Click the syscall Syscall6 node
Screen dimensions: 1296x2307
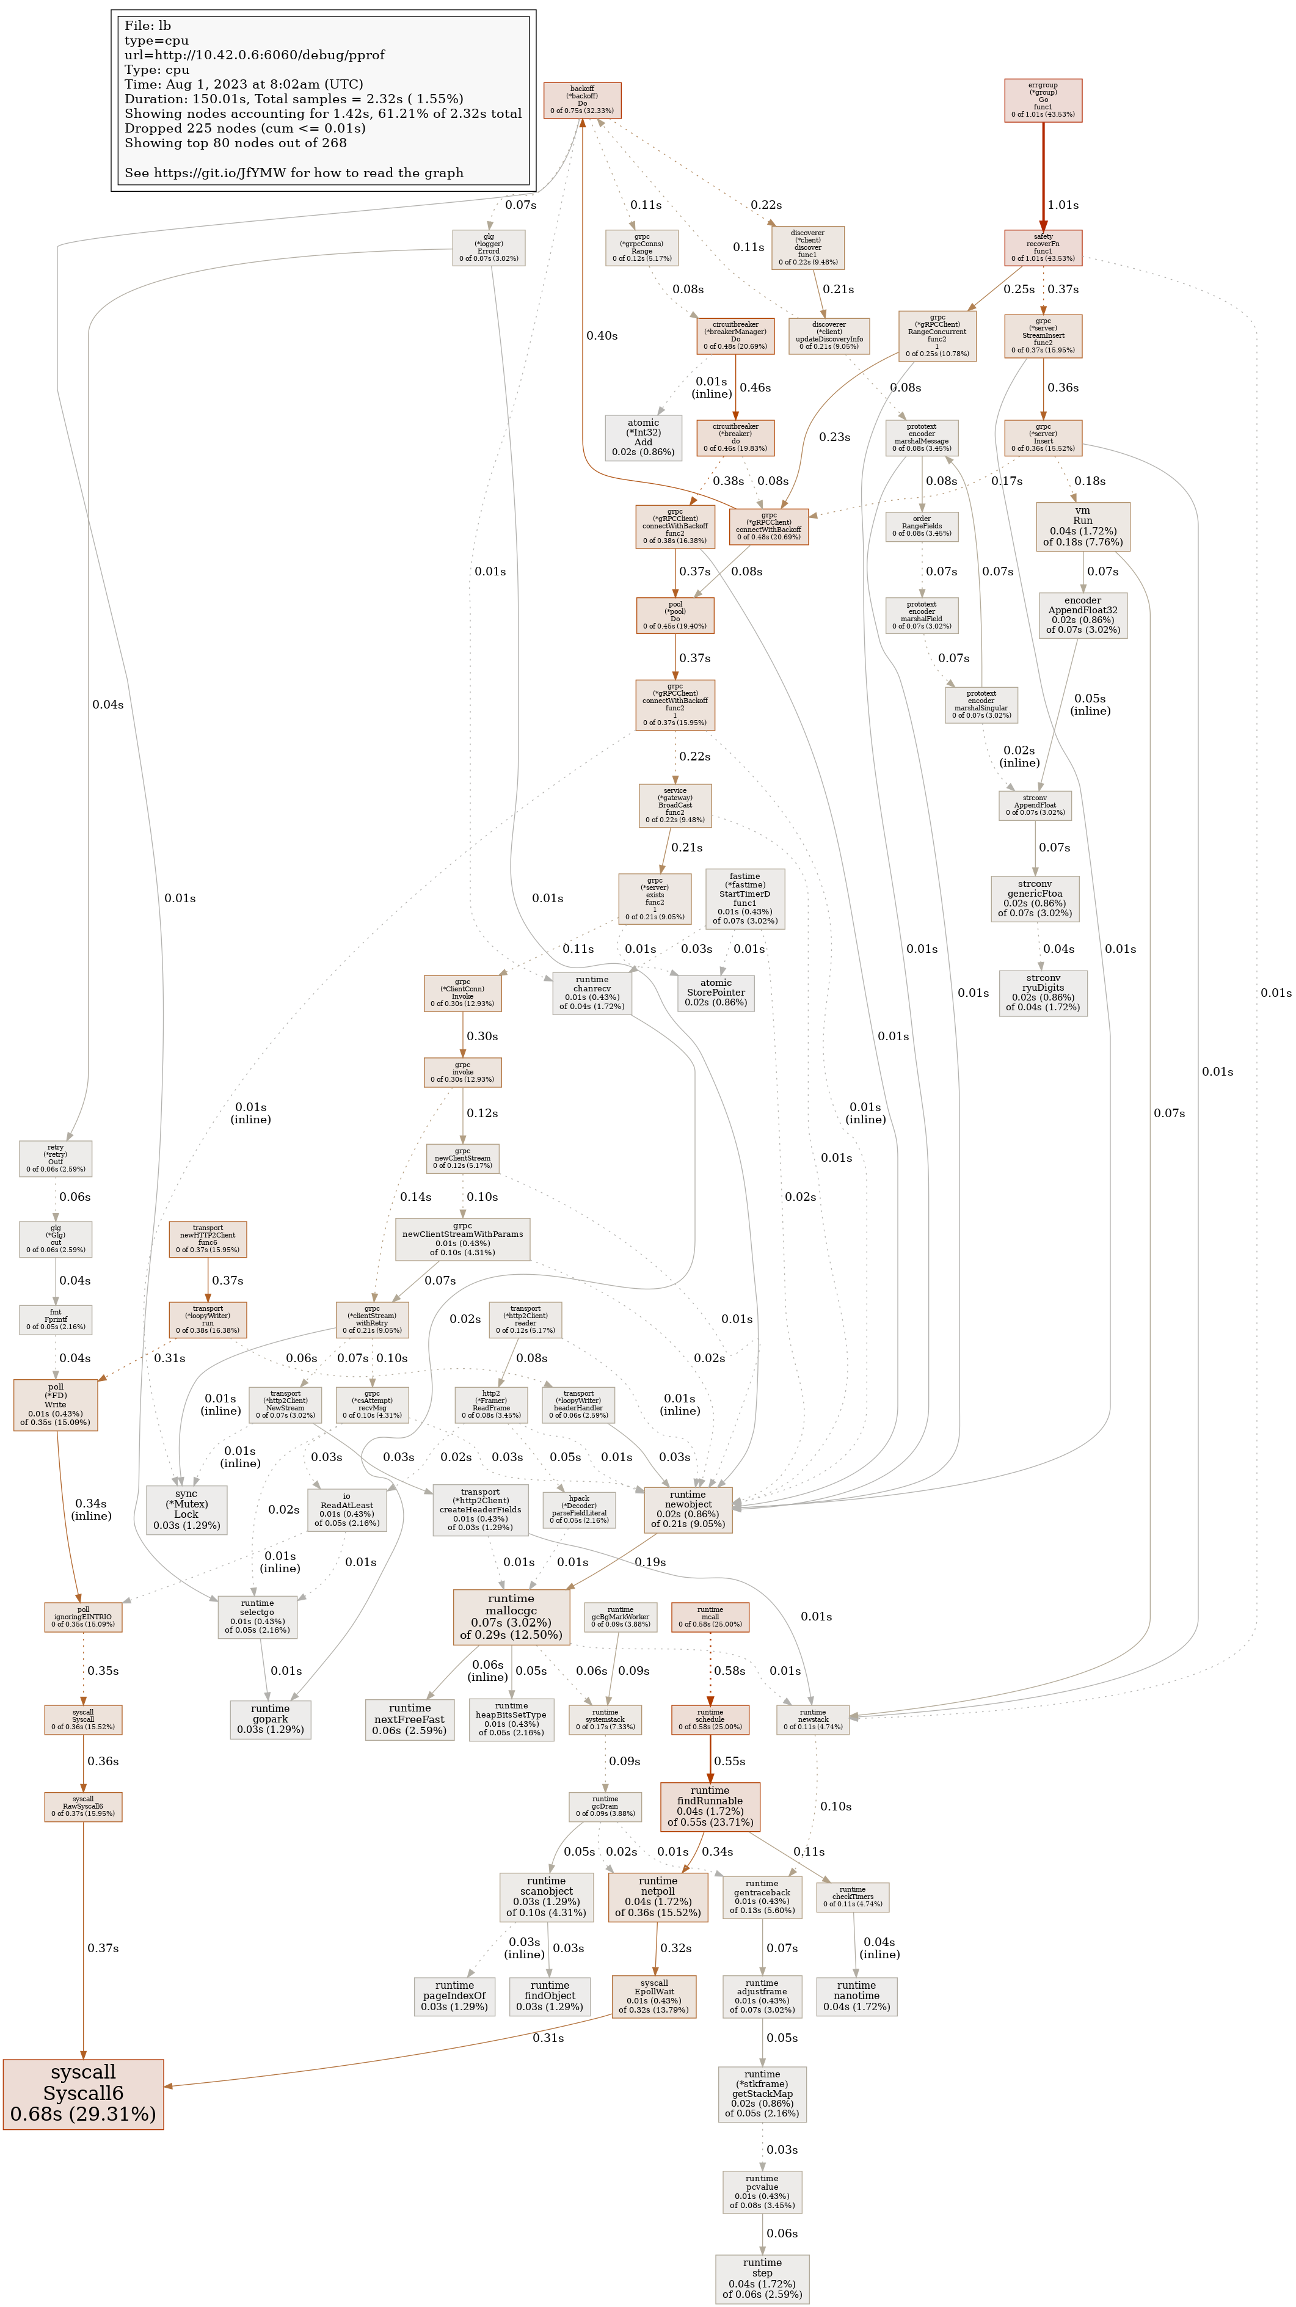click(82, 2093)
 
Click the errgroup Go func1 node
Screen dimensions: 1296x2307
click(1043, 100)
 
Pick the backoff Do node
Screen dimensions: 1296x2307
click(582, 100)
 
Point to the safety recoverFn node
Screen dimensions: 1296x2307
click(1043, 248)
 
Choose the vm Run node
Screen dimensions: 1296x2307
click(1082, 526)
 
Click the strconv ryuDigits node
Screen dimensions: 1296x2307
click(1043, 993)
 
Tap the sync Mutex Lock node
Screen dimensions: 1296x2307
click(186, 1509)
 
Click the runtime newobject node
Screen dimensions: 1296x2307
click(688, 1509)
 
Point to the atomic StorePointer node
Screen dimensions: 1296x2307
click(716, 993)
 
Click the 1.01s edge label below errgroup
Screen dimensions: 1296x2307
click(1063, 205)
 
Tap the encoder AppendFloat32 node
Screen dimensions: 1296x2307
click(1082, 615)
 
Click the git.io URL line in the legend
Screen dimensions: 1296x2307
click(294, 173)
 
